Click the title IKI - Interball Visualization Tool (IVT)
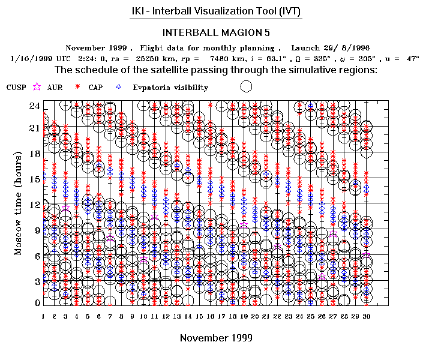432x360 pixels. click(216, 12)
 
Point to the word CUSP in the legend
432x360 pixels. click(16, 88)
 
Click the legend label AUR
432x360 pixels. click(55, 88)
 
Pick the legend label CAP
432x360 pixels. click(95, 88)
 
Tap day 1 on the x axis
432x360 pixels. click(43, 316)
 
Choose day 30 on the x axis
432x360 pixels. click(366, 316)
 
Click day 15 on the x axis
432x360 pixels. click(199, 316)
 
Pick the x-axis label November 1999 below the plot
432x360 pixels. click(216, 338)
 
